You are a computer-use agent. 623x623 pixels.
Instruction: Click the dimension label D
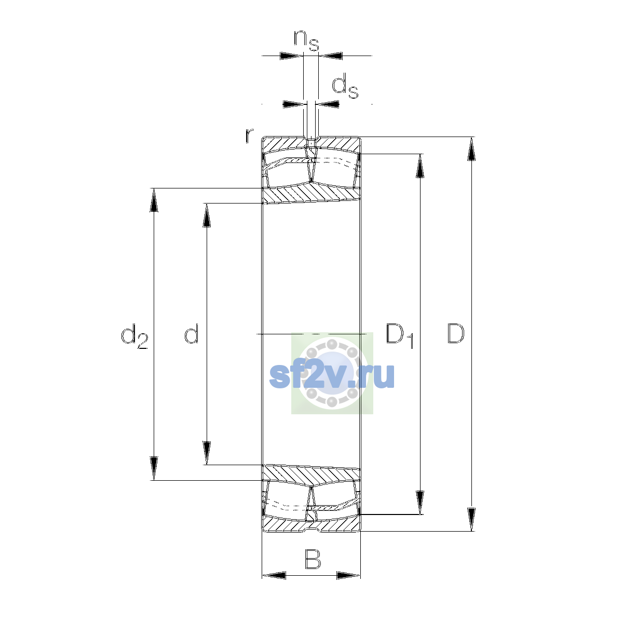455,333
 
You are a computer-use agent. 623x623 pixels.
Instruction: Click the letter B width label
313,559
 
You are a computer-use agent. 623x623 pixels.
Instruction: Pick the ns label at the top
306,40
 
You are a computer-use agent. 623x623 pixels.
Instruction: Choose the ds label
345,86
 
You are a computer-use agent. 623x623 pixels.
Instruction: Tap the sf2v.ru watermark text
332,376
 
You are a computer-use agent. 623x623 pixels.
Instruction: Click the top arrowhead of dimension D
471,148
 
